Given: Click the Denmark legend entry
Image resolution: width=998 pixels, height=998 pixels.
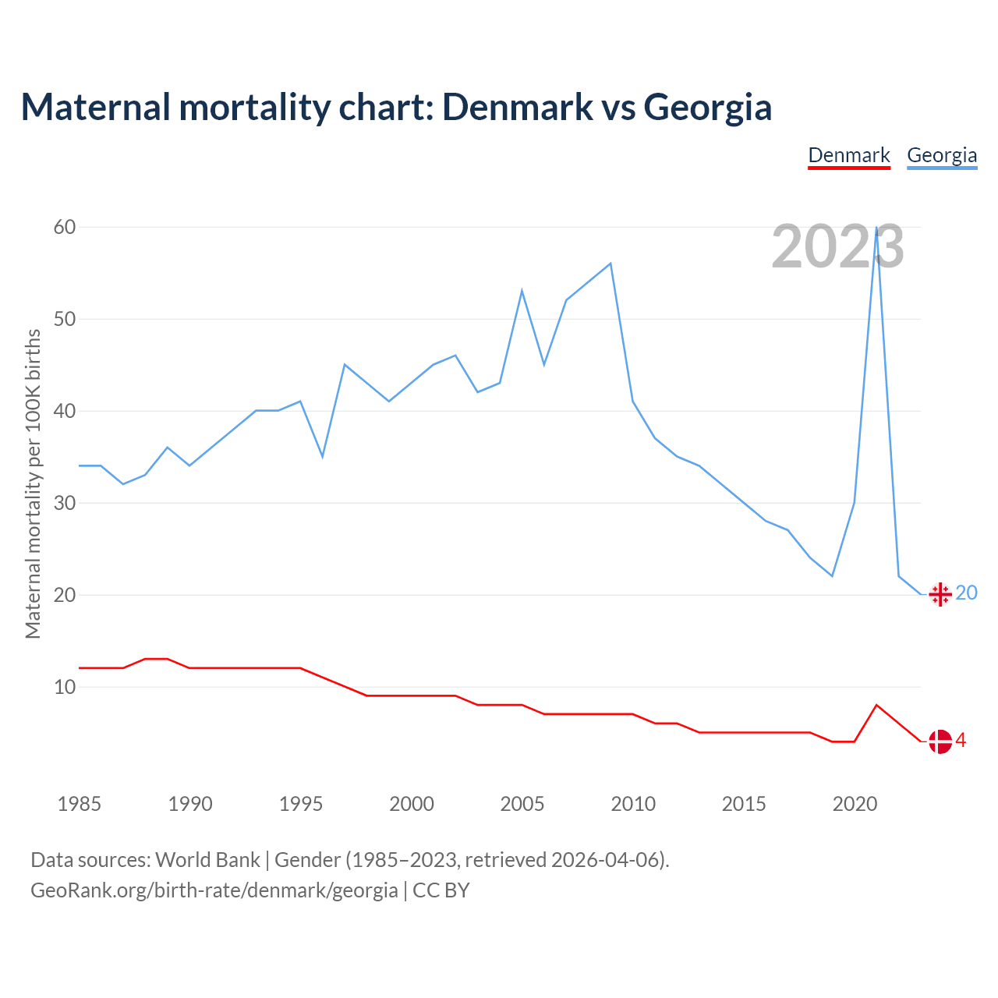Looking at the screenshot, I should (849, 155).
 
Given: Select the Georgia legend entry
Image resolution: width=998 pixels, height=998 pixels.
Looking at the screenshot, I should (942, 155).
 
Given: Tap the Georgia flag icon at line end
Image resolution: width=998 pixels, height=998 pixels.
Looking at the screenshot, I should (940, 594).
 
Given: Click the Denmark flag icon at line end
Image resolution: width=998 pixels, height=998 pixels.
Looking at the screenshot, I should (940, 741).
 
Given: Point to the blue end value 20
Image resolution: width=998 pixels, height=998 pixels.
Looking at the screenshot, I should (966, 593).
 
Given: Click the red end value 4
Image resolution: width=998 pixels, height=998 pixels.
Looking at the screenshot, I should (961, 740).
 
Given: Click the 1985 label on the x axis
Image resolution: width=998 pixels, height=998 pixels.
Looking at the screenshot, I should (79, 804).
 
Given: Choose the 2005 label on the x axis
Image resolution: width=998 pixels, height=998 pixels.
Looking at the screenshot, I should (522, 804).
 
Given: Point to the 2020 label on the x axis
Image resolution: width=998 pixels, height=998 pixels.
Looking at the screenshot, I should (855, 804).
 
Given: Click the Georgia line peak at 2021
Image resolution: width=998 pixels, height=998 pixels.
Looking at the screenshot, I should (877, 228).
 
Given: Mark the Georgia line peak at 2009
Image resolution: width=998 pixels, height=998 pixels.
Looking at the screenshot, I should (610, 264).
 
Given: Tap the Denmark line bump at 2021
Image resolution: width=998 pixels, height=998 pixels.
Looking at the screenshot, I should (877, 705).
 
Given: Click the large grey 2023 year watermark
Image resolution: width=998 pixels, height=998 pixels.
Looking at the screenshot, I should (837, 247).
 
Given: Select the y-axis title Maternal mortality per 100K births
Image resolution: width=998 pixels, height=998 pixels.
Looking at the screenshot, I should (33, 483).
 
